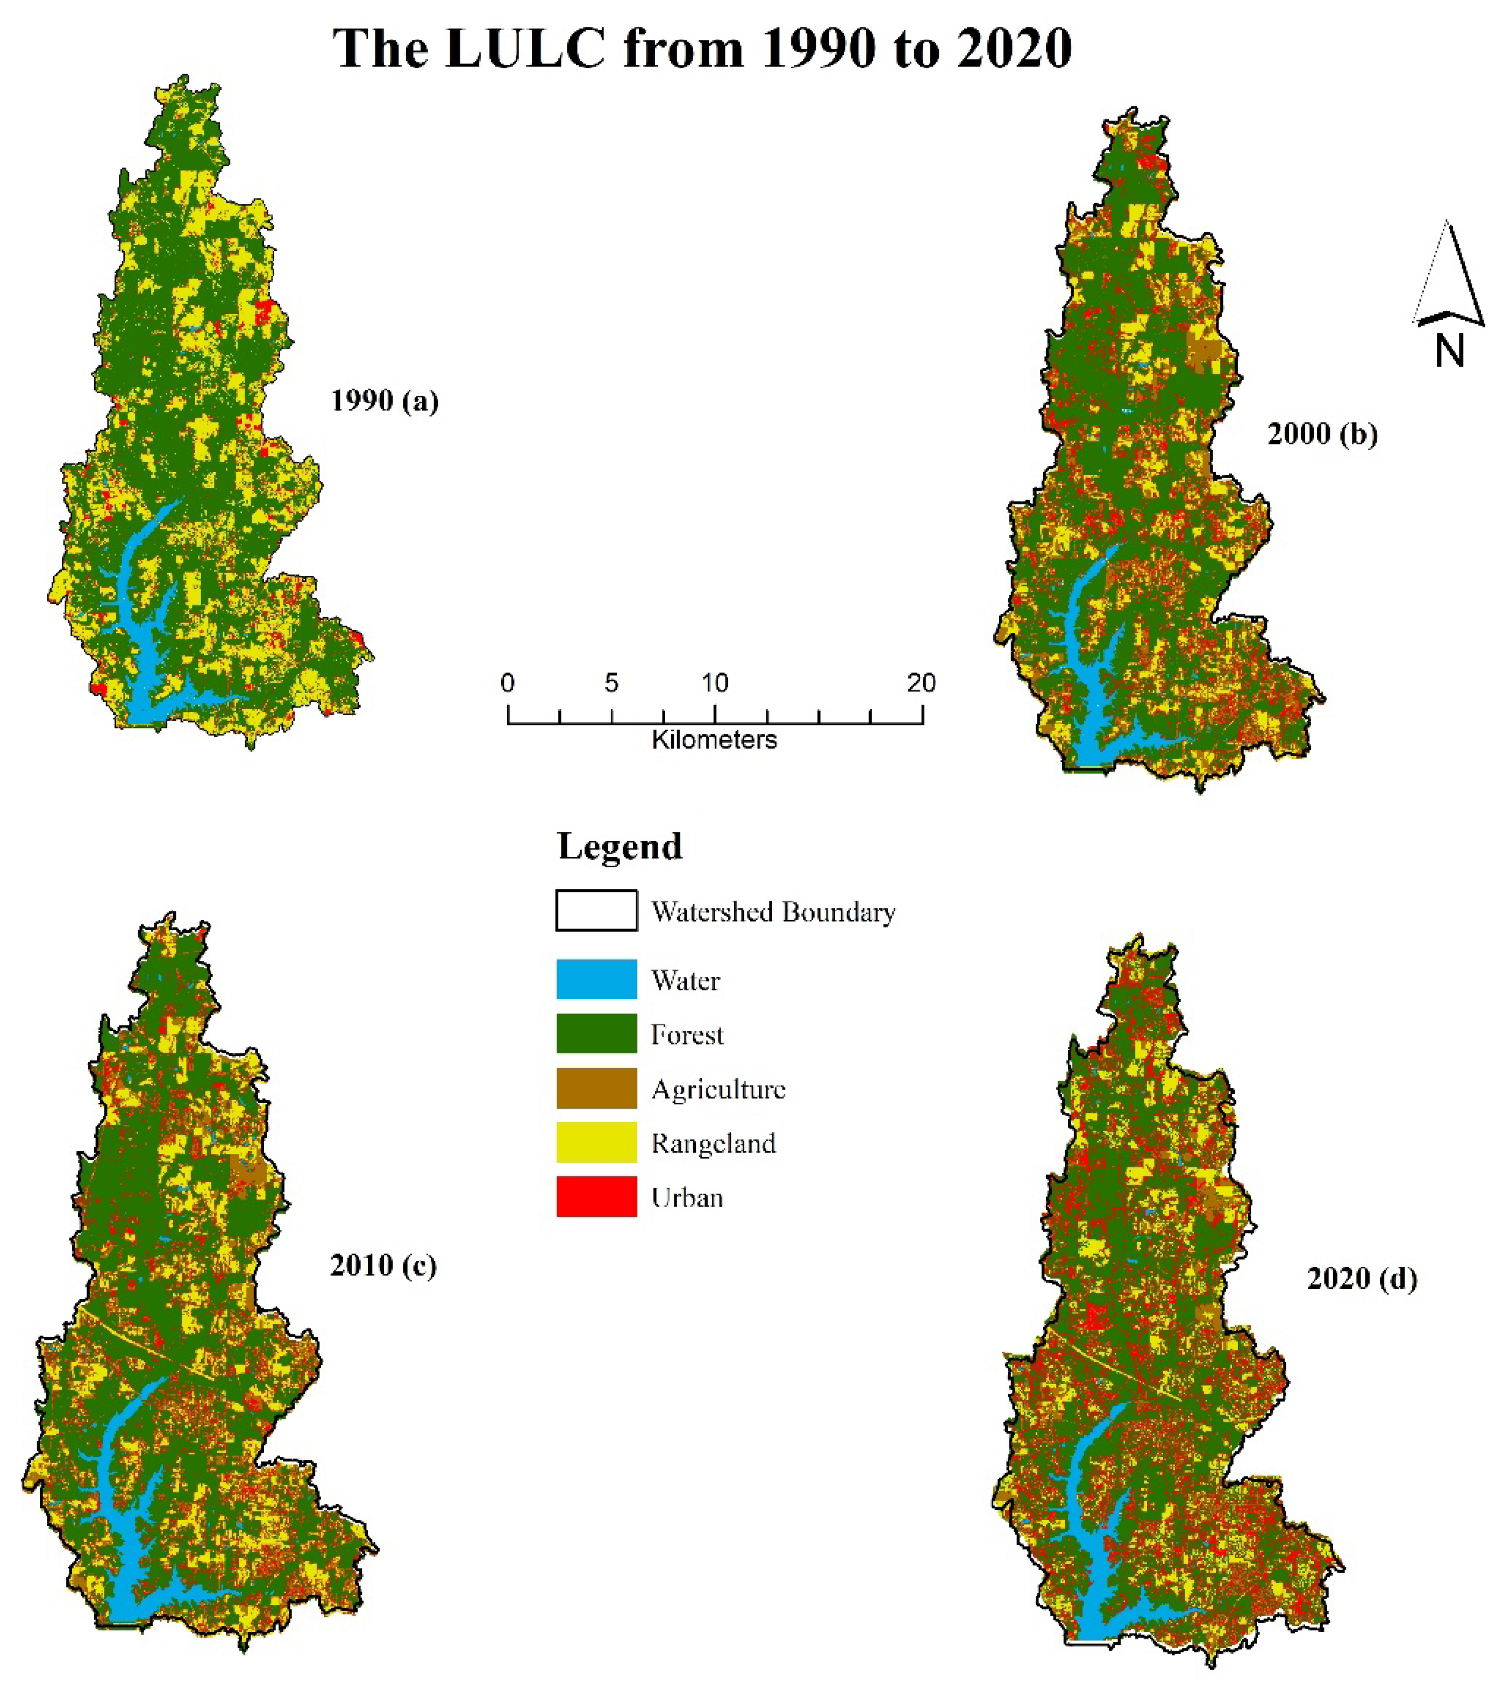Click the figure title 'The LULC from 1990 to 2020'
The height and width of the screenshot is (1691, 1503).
point(701,48)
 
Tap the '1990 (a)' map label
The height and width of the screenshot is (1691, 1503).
point(384,401)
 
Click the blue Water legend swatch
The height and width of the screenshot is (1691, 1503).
point(596,980)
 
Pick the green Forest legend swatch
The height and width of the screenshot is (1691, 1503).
point(596,1033)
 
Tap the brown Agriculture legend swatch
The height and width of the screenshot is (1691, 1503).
point(596,1088)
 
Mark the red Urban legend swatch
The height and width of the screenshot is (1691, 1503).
point(596,1196)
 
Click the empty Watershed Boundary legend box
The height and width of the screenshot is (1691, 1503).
point(596,911)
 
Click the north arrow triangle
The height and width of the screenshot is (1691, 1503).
point(1449,277)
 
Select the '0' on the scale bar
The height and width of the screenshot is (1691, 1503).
point(507,683)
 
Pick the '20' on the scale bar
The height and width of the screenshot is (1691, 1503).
point(921,683)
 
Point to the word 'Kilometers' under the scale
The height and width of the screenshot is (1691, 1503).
point(714,740)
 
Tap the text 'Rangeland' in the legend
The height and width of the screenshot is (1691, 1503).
point(713,1143)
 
